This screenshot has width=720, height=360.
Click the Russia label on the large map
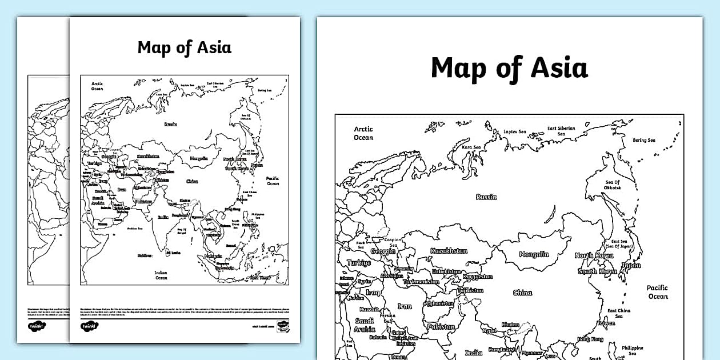coord(486,197)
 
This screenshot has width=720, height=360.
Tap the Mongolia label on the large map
coord(534,255)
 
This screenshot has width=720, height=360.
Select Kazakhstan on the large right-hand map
coord(449,251)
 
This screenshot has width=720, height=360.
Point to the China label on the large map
coord(522,293)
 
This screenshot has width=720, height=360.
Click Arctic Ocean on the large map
coord(363,133)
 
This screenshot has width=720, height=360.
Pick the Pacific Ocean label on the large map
coord(657,292)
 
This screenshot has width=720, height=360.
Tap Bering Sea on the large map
coord(643,140)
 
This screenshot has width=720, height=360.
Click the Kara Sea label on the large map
coord(471,147)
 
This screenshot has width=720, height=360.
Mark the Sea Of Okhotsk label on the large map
coord(613,185)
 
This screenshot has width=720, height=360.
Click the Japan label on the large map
coord(631,266)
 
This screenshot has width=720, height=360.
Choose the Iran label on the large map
coord(404,306)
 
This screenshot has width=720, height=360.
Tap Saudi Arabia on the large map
coord(365,325)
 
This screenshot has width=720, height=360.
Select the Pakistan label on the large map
coord(441,327)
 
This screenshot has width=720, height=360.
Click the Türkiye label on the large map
coord(358,263)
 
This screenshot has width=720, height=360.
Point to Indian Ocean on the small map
coord(161,275)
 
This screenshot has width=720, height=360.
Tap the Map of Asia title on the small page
coord(184,47)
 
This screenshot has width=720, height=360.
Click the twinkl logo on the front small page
coord(89,326)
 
